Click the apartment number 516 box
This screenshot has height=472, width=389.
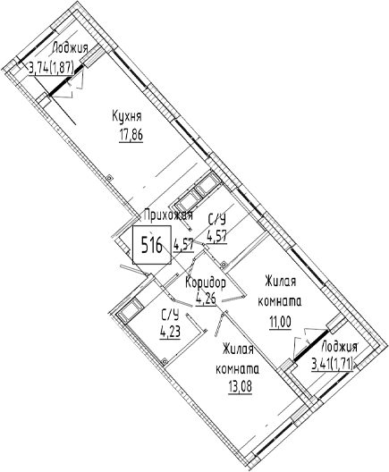coord(152,245)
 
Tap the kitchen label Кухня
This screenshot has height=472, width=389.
coord(127,116)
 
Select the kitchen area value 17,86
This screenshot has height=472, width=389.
coord(131,136)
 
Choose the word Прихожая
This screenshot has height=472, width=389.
coord(168,215)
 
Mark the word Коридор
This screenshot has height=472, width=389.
coord(206,283)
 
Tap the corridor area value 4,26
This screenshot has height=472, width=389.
coord(206,299)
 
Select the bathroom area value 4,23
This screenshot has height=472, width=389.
coord(170,333)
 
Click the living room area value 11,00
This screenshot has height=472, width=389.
coord(280,323)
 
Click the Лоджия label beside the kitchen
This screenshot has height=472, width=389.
coord(70,48)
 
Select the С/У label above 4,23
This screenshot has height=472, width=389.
coord(171,316)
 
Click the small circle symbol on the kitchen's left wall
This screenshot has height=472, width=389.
coord(109,178)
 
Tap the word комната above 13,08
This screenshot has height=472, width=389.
coord(237,369)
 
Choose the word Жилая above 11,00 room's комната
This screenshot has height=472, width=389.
coord(280,282)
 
